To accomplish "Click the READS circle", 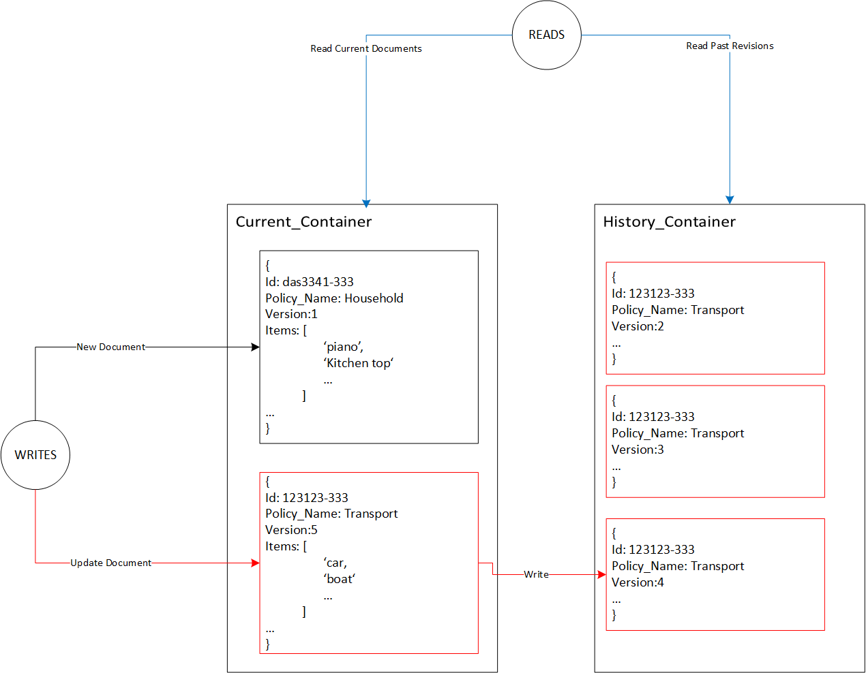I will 546,35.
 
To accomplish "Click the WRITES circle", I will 35,454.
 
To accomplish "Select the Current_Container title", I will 303,222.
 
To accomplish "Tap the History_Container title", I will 669,222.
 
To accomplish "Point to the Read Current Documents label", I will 365,48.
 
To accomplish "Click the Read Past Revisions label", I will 730,46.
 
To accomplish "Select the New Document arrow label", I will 110,347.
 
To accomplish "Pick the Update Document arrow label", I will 110,563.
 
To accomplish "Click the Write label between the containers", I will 536,574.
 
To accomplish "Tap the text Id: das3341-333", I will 309,281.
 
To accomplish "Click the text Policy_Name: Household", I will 334,298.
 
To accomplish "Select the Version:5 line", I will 291,530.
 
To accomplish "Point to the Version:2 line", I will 638,326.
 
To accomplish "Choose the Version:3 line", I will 638,450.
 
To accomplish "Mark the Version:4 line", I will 638,582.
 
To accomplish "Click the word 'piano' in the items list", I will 343,347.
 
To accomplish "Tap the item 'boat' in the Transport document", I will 339,579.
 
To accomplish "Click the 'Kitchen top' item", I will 358,363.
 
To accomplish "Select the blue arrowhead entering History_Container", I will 730,200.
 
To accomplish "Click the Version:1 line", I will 291,314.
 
